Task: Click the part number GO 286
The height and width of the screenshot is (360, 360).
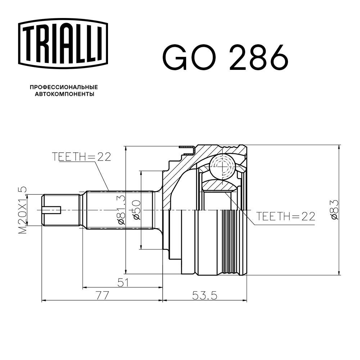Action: (x=226, y=58)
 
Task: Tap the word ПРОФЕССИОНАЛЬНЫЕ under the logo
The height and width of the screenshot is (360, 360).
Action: (x=64, y=87)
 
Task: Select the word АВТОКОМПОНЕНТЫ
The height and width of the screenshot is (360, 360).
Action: (x=64, y=94)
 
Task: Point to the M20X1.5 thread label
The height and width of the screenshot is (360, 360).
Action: (x=23, y=210)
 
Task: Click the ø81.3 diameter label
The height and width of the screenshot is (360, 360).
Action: (x=121, y=210)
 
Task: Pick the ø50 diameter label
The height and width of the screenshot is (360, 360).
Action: (x=136, y=210)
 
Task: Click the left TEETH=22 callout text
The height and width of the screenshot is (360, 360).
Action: (x=81, y=157)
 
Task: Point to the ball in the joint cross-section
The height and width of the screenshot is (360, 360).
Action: (x=222, y=166)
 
